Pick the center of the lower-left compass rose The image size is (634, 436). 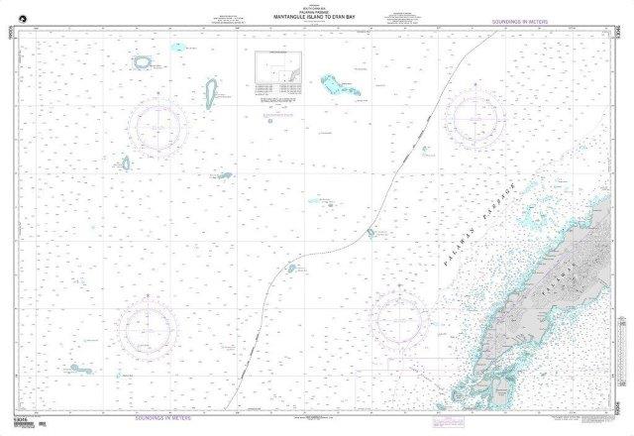click(148, 327)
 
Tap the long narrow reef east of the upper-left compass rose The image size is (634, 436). click(211, 94)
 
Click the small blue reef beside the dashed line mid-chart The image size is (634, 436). click(370, 234)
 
